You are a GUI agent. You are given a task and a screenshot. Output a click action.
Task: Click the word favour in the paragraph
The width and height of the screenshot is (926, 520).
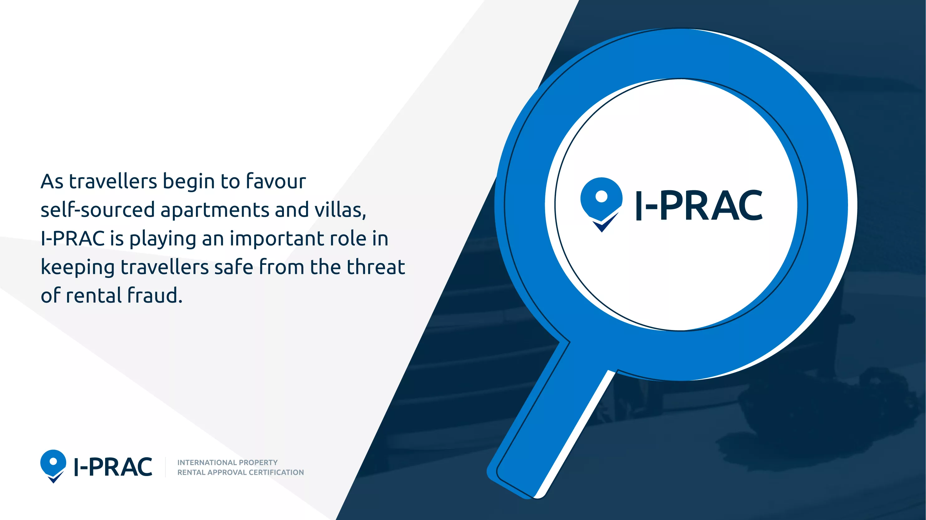pos(276,181)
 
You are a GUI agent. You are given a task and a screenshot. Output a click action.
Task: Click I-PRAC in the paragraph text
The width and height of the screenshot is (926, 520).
pos(73,239)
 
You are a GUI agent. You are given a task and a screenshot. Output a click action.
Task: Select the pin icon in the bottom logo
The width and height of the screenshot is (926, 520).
pos(53,466)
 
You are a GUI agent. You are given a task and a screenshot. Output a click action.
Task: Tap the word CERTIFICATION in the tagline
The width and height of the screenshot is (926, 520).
pos(276,472)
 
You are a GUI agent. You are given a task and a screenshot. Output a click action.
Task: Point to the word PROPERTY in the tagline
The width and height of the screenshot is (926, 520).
pos(258,463)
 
